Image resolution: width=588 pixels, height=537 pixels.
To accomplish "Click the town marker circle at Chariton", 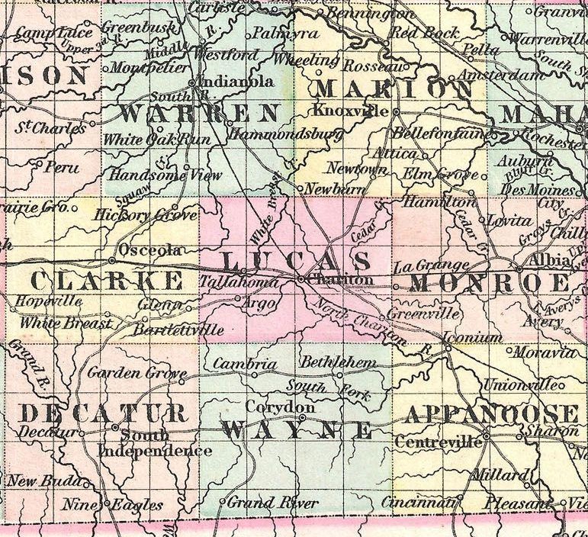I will pyautogui.click(x=301, y=280).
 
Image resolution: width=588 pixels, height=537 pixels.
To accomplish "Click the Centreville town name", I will pyautogui.click(x=440, y=442).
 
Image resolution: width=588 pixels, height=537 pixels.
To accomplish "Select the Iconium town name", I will pyautogui.click(x=477, y=337).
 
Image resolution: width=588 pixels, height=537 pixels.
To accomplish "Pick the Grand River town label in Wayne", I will pyautogui.click(x=272, y=503).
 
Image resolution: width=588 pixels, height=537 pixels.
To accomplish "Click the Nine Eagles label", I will pyautogui.click(x=113, y=505).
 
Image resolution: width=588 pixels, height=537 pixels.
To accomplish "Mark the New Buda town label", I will pyautogui.click(x=43, y=481).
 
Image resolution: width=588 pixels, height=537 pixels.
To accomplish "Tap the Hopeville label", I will pyautogui.click(x=48, y=301).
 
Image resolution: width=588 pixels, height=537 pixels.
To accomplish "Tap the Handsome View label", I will pyautogui.click(x=165, y=175).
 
